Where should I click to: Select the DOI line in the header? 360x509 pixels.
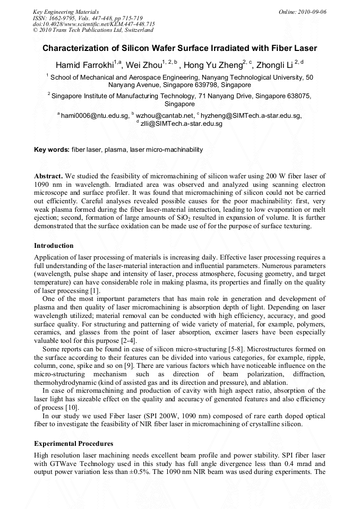[x=94, y=24]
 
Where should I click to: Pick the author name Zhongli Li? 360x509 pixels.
[x=275, y=66]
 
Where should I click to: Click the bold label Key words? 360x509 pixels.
[x=52, y=150]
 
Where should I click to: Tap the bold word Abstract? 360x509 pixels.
[x=48, y=175]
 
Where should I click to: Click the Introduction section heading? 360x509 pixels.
[x=54, y=246]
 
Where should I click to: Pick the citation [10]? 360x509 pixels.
[x=72, y=408]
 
